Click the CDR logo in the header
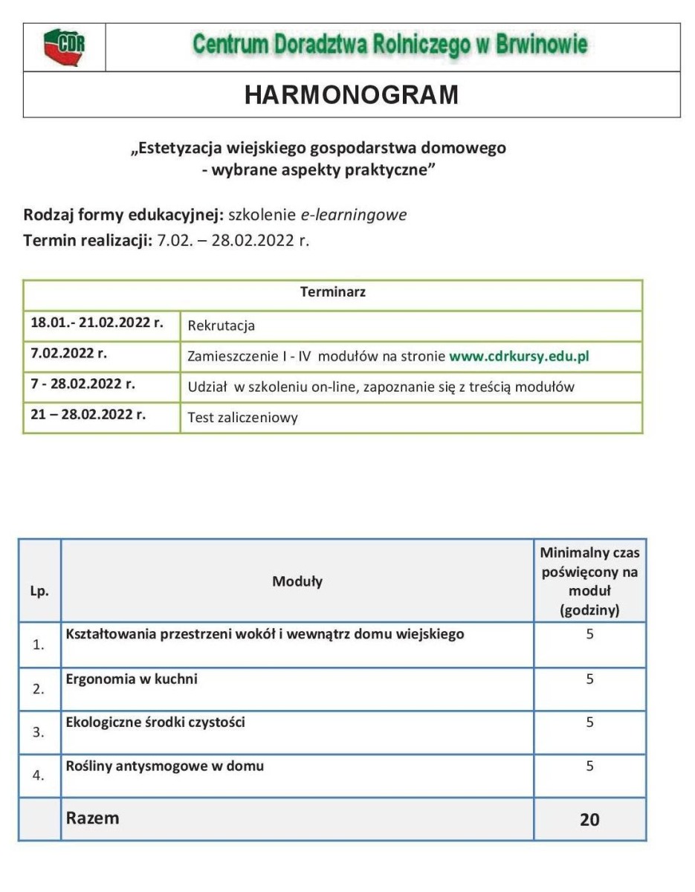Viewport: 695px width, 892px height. click(x=64, y=48)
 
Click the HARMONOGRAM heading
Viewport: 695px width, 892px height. click(x=352, y=95)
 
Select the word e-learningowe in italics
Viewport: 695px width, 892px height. click(x=353, y=215)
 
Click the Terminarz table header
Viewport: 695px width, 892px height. click(x=332, y=292)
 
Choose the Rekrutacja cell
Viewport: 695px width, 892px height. click(x=222, y=326)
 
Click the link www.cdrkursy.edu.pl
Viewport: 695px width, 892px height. click(x=519, y=356)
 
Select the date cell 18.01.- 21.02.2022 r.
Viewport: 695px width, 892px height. click(x=97, y=323)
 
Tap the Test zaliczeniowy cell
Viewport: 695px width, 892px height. click(x=242, y=418)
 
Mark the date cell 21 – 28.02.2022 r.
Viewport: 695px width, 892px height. click(x=88, y=414)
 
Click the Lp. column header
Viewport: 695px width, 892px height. click(x=40, y=592)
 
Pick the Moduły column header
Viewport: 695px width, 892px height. click(x=297, y=581)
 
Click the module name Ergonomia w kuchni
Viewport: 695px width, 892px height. click(x=132, y=679)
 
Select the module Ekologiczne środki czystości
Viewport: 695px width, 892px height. click(x=155, y=722)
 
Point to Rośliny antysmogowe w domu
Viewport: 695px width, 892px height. click(x=165, y=765)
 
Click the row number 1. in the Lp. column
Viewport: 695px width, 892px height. click(x=39, y=645)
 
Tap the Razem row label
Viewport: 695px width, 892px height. click(x=93, y=818)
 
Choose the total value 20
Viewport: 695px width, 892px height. click(x=589, y=820)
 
